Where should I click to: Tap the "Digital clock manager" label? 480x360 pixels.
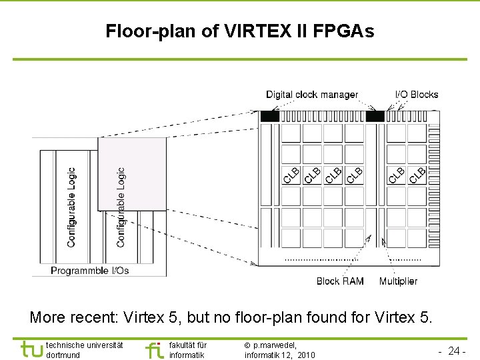312,95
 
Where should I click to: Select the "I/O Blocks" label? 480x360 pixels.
417,95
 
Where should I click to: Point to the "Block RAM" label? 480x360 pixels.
340,281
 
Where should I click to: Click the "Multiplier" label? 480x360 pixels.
398,281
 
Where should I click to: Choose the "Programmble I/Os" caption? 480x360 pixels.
90,271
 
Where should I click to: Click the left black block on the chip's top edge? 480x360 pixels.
270,116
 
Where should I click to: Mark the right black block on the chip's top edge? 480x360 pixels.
375,116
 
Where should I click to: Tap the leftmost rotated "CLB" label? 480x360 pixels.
291,175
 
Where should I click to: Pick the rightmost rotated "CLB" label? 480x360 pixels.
417,175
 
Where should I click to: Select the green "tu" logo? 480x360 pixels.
31,349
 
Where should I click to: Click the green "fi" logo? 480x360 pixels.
154,349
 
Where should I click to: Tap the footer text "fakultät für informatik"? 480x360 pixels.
188,350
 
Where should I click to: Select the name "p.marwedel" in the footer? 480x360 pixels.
275,345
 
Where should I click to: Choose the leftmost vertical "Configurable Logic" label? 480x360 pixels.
72,207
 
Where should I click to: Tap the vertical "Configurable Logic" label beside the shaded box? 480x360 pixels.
121,207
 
